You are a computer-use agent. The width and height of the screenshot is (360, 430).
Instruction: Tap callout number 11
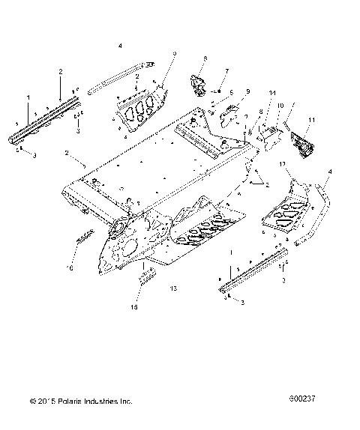pyautogui.click(x=312, y=121)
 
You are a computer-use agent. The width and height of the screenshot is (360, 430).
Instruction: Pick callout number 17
pyautogui.click(x=283, y=163)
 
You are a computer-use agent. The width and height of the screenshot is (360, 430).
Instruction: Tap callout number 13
pyautogui.click(x=173, y=288)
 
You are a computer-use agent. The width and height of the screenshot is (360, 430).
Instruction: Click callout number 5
pyautogui.click(x=211, y=92)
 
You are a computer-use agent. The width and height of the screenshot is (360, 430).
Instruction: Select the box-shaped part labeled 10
pyautogui.click(x=271, y=136)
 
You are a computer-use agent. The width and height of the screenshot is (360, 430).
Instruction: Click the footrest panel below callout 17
pyautogui.click(x=288, y=213)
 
